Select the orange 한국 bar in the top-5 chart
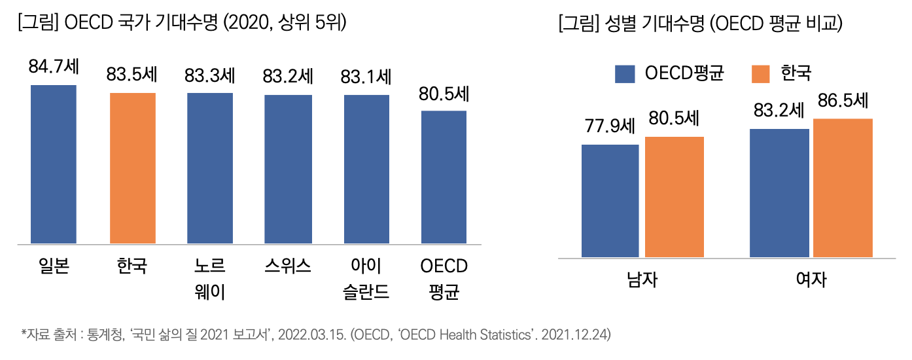[x=132, y=168]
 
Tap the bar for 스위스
[x=288, y=170]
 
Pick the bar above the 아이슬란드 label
[x=366, y=170]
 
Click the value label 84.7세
[x=54, y=67]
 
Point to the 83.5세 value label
[x=132, y=75]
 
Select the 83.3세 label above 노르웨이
[x=210, y=76]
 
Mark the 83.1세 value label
[x=366, y=77]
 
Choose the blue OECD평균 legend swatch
[x=625, y=74]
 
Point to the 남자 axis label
[x=642, y=279]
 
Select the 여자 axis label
[x=811, y=279]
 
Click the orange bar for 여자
[x=843, y=188]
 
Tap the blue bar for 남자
[x=610, y=200]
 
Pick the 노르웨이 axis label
[x=210, y=279]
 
